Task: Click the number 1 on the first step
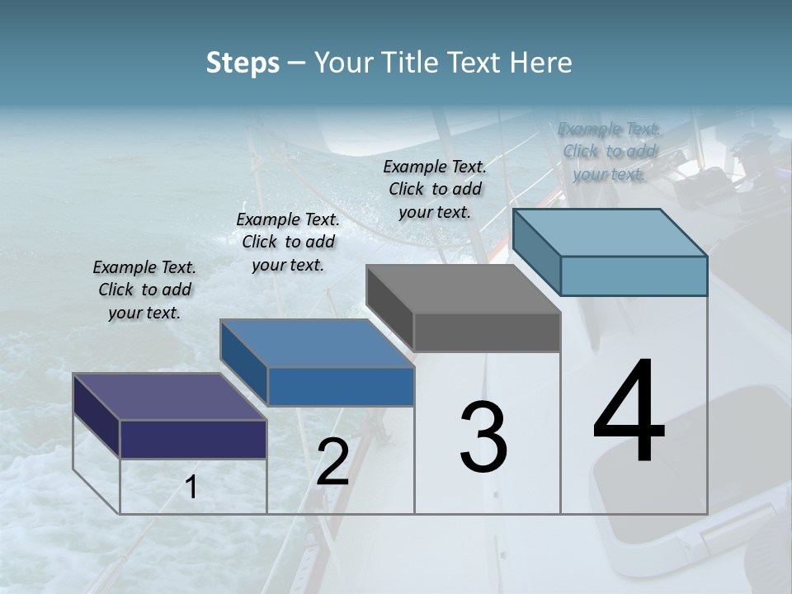[191, 488]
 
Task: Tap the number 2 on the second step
[332, 462]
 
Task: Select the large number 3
[483, 437]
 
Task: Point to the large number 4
[629, 412]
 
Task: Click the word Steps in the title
[243, 63]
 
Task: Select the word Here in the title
[544, 63]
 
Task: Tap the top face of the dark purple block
[169, 396]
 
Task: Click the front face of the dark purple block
[193, 439]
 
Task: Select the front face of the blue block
[341, 386]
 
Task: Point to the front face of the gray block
[487, 332]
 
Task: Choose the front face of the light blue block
[634, 276]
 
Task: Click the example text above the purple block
[144, 290]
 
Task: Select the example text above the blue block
[287, 242]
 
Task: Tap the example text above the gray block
[435, 189]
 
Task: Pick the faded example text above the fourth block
[609, 151]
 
